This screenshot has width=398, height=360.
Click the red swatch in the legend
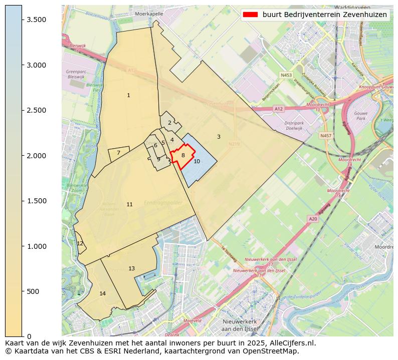251,15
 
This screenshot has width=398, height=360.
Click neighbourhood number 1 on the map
128,95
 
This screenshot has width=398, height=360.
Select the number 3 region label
219,137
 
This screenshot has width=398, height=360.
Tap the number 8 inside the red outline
183,155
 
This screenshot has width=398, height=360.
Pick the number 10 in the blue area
196,161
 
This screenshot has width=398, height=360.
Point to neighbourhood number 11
129,204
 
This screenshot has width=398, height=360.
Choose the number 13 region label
131,268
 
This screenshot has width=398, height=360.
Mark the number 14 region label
102,293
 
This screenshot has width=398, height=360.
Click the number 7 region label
118,153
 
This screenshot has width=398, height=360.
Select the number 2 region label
169,123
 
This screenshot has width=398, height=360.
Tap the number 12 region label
80,243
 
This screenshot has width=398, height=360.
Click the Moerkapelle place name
149,14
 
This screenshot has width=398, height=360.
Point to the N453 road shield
286,75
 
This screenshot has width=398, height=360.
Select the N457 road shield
326,135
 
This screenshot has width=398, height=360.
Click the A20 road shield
313,219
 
